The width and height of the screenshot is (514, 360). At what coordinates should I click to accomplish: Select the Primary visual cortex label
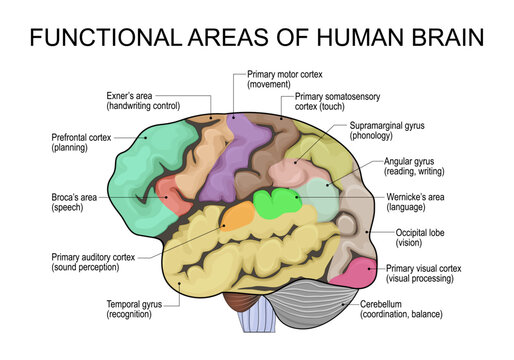(x=425, y=272)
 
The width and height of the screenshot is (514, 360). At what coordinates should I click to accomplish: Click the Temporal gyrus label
(x=144, y=307)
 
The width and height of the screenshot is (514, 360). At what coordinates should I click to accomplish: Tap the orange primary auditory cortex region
(x=237, y=216)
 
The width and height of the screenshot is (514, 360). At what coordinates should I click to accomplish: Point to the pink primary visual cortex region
(x=354, y=272)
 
